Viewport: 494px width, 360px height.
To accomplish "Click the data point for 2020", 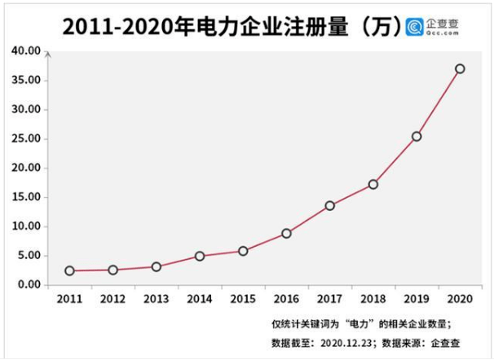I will click(x=460, y=68).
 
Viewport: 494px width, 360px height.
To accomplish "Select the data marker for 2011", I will click(x=69, y=270).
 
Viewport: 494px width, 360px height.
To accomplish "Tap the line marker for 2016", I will click(x=286, y=233).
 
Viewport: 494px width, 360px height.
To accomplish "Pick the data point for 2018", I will click(x=373, y=184).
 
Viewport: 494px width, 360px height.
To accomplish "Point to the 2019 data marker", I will click(x=417, y=136).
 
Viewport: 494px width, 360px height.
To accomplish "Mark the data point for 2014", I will click(x=200, y=256).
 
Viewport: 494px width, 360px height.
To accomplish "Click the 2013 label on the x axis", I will click(x=156, y=300).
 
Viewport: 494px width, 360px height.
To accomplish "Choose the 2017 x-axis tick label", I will click(x=329, y=300).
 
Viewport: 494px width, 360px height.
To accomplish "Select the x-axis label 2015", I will click(x=243, y=300).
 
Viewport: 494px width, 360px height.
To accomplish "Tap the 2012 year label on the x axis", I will click(x=112, y=300).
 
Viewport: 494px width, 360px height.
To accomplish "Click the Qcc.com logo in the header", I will click(x=433, y=26).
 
